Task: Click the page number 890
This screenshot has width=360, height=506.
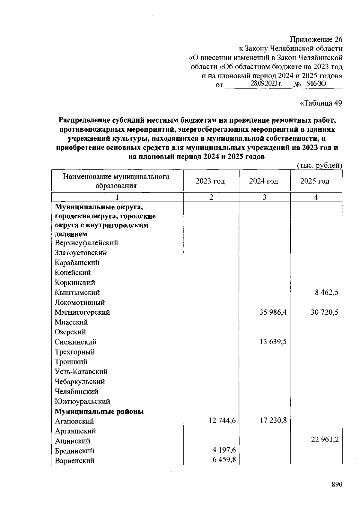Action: pyautogui.click(x=337, y=485)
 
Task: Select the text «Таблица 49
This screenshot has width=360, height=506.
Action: pyautogui.click(x=321, y=103)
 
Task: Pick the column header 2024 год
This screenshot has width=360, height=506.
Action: pyautogui.click(x=263, y=181)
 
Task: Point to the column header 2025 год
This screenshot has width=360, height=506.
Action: pyautogui.click(x=315, y=181)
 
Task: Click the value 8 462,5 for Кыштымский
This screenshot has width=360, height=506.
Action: pyautogui.click(x=326, y=292)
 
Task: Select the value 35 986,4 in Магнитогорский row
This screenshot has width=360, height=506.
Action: pyautogui.click(x=273, y=312)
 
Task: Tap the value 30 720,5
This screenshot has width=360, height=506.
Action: pyautogui.click(x=324, y=312)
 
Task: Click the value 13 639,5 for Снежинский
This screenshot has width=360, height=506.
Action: pyautogui.click(x=273, y=342)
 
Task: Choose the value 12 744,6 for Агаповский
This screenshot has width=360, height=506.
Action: pyautogui.click(x=222, y=421)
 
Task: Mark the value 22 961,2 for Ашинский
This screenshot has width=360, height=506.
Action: pyautogui.click(x=324, y=439)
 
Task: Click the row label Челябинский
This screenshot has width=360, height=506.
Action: pyautogui.click(x=76, y=391)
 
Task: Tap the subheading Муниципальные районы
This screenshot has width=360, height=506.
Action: pyautogui.click(x=99, y=412)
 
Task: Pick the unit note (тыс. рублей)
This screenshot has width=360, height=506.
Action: pyautogui.click(x=319, y=165)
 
